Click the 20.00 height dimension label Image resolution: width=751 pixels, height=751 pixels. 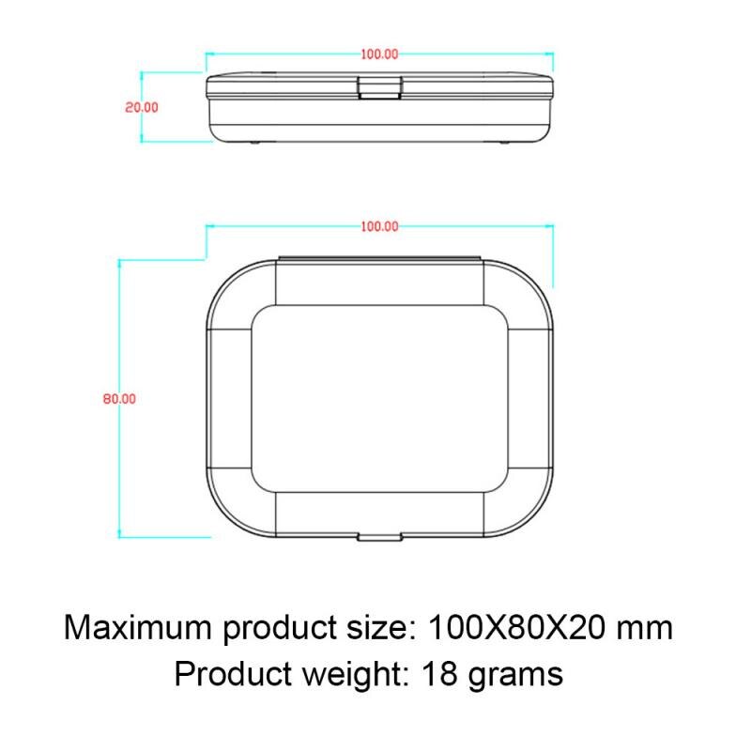pos(142,107)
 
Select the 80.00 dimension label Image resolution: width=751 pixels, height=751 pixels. pos(120,398)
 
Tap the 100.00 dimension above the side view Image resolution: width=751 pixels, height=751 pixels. pos(379,54)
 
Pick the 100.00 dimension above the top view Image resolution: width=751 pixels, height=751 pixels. pos(379,226)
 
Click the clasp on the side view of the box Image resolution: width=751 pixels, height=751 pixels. pos(380,88)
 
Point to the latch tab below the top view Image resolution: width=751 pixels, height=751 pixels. pos(379,538)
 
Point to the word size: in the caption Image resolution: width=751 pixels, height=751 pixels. pos(376,626)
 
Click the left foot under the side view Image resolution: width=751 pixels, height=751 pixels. pos(254,143)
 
